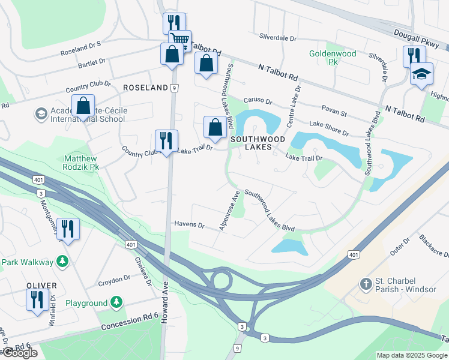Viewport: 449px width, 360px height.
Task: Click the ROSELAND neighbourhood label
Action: (145, 88)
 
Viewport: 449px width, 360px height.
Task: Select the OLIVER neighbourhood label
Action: (41, 285)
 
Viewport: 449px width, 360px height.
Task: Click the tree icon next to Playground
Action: (118, 302)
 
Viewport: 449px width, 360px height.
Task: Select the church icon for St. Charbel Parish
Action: (365, 283)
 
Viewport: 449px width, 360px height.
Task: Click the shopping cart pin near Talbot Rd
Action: (179, 41)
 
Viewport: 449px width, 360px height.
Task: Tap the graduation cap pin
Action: (421, 75)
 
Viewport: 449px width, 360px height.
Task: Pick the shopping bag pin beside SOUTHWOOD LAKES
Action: (215, 127)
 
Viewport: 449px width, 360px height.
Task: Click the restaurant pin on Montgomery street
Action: (68, 229)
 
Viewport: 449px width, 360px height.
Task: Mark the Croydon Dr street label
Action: (114, 278)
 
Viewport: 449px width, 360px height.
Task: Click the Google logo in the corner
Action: (19, 353)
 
